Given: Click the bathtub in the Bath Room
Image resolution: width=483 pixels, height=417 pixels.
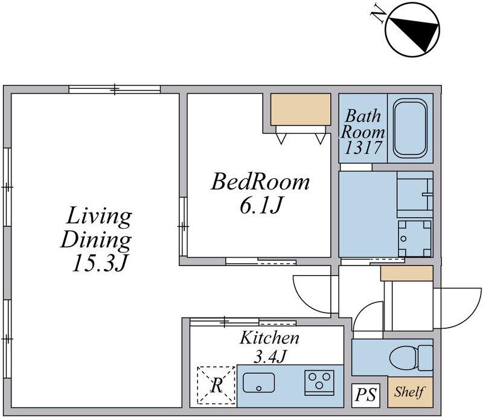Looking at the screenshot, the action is pos(411,128).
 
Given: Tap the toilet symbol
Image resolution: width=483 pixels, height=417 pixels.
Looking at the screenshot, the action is pos(411,358).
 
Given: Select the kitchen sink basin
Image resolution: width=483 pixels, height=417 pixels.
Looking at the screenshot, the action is pos(259,383).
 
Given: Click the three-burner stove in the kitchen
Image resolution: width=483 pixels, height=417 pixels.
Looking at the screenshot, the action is pos(319,383).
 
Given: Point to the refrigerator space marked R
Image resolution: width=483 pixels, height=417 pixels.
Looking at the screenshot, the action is pos(216,384).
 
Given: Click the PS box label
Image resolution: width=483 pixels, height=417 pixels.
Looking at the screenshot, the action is pos(366,395).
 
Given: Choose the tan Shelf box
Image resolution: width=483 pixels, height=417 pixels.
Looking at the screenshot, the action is pos(410,392).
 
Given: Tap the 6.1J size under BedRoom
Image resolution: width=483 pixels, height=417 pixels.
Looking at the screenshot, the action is pos(261,206).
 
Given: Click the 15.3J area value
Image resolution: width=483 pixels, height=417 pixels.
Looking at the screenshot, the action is pos(100,263).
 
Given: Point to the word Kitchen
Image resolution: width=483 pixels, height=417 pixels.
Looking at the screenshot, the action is pos(269,338).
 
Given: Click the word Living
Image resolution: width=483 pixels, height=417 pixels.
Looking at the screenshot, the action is pos(99,217).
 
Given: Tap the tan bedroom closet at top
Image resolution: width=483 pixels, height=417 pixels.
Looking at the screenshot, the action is pos(301,109).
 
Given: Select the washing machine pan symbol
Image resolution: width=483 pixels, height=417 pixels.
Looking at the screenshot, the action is pos(415,238).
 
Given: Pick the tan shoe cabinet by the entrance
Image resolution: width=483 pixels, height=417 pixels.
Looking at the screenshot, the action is pos(406,273).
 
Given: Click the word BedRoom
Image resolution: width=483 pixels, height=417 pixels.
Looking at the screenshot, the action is pos(260,182).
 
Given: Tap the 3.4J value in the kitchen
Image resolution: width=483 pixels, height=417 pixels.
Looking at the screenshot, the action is pos(270,357).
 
